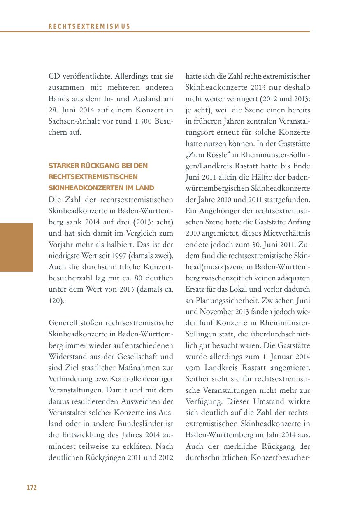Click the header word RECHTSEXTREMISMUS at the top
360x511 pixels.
pyautogui.click(x=89, y=27)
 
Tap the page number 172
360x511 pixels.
pyautogui.click(x=32, y=488)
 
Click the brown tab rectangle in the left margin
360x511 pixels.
pyautogui.click(x=16, y=247)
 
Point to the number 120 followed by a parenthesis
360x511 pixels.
pyautogui.click(x=54, y=301)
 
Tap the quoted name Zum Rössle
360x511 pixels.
pyautogui.click(x=204, y=155)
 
